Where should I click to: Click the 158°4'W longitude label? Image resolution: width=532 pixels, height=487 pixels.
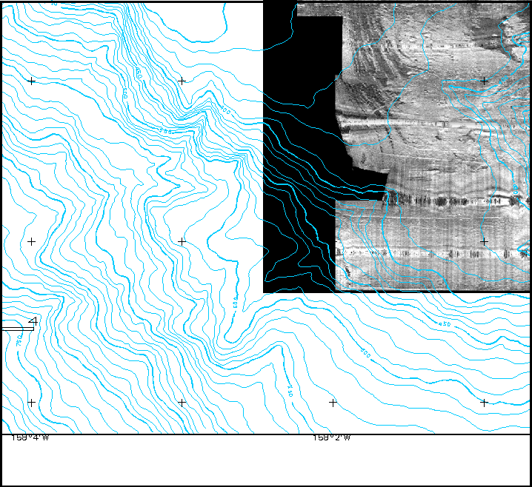pyautogui.click(x=30, y=438)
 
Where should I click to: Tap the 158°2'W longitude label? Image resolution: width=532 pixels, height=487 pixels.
pyautogui.click(x=331, y=438)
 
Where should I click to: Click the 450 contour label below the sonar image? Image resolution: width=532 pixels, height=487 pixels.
pyautogui.click(x=445, y=324)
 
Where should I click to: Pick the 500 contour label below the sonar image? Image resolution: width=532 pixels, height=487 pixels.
pyautogui.click(x=365, y=354)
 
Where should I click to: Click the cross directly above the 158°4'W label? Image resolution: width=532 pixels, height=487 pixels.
pyautogui.click(x=31, y=403)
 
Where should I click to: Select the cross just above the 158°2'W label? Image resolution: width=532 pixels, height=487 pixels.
pyautogui.click(x=333, y=403)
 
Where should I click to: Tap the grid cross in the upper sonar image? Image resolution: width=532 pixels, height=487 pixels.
pyautogui.click(x=484, y=81)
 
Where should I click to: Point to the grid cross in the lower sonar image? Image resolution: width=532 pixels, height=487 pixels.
pyautogui.click(x=484, y=241)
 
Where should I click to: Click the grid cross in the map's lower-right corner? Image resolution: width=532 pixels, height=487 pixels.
pyautogui.click(x=484, y=403)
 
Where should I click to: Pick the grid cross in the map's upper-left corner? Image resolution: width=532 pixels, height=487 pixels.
pyautogui.click(x=31, y=81)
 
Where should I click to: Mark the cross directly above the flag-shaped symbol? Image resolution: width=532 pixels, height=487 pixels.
pyautogui.click(x=31, y=241)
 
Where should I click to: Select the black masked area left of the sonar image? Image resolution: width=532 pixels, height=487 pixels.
pyautogui.click(x=296, y=185)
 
